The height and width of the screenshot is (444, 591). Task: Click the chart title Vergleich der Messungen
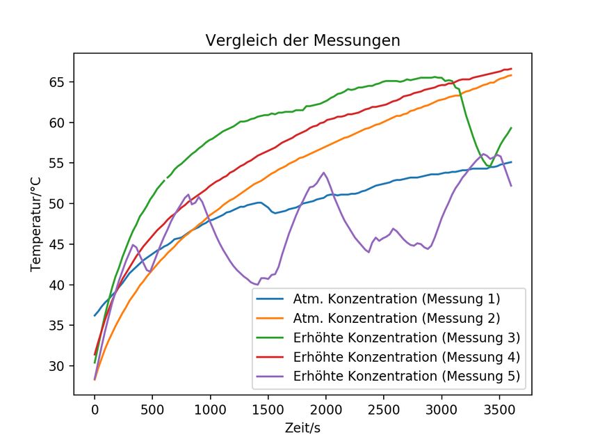pyautogui.click(x=302, y=40)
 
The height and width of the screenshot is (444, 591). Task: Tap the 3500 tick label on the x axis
pyautogui.click(x=499, y=409)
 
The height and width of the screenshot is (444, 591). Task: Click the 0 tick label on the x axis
pyautogui.click(x=95, y=409)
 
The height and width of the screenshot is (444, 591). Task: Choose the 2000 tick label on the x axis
pyautogui.click(x=325, y=409)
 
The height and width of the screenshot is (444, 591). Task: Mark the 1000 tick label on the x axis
pyautogui.click(x=210, y=409)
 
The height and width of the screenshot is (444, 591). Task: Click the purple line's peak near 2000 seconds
pyautogui.click(x=323, y=173)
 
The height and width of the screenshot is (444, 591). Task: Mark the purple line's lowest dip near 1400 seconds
pyautogui.click(x=257, y=285)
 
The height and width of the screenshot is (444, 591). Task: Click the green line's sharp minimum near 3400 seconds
pyautogui.click(x=487, y=166)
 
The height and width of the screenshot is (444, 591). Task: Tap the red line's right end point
pyautogui.click(x=511, y=69)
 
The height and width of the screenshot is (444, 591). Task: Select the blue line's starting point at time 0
pyautogui.click(x=95, y=315)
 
